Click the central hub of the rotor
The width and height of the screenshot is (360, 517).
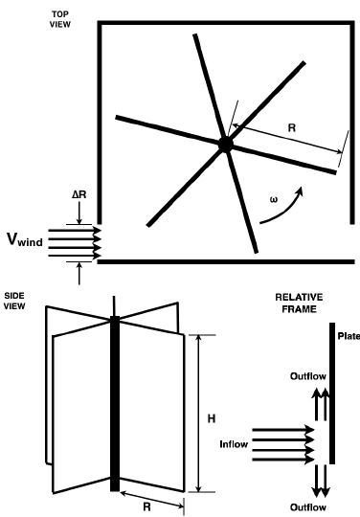225,144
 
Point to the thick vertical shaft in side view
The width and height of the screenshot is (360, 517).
117,402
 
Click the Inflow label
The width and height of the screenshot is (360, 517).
235,444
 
